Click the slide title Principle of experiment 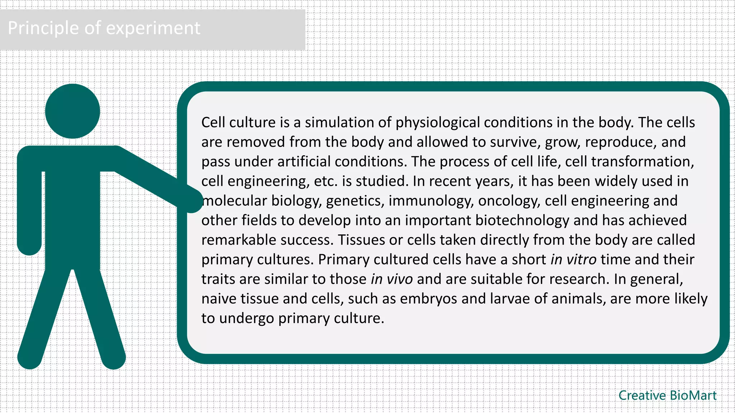[104, 28]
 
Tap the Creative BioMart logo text [667, 395]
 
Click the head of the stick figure [72, 111]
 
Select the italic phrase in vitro [574, 260]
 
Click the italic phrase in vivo [392, 279]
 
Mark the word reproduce [621, 142]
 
